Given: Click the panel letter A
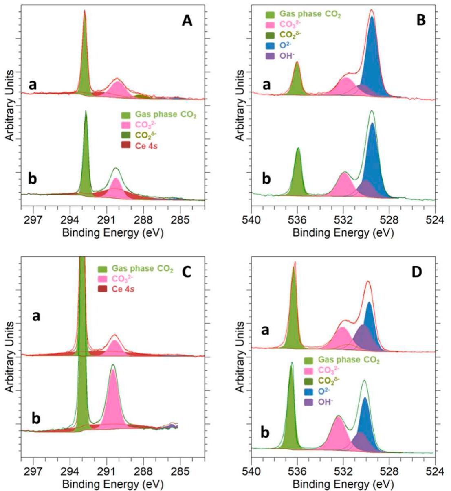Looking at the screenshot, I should pos(187,20).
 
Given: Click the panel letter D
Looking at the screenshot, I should pos(416,272).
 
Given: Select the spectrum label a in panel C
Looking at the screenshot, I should pos(36,316).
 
